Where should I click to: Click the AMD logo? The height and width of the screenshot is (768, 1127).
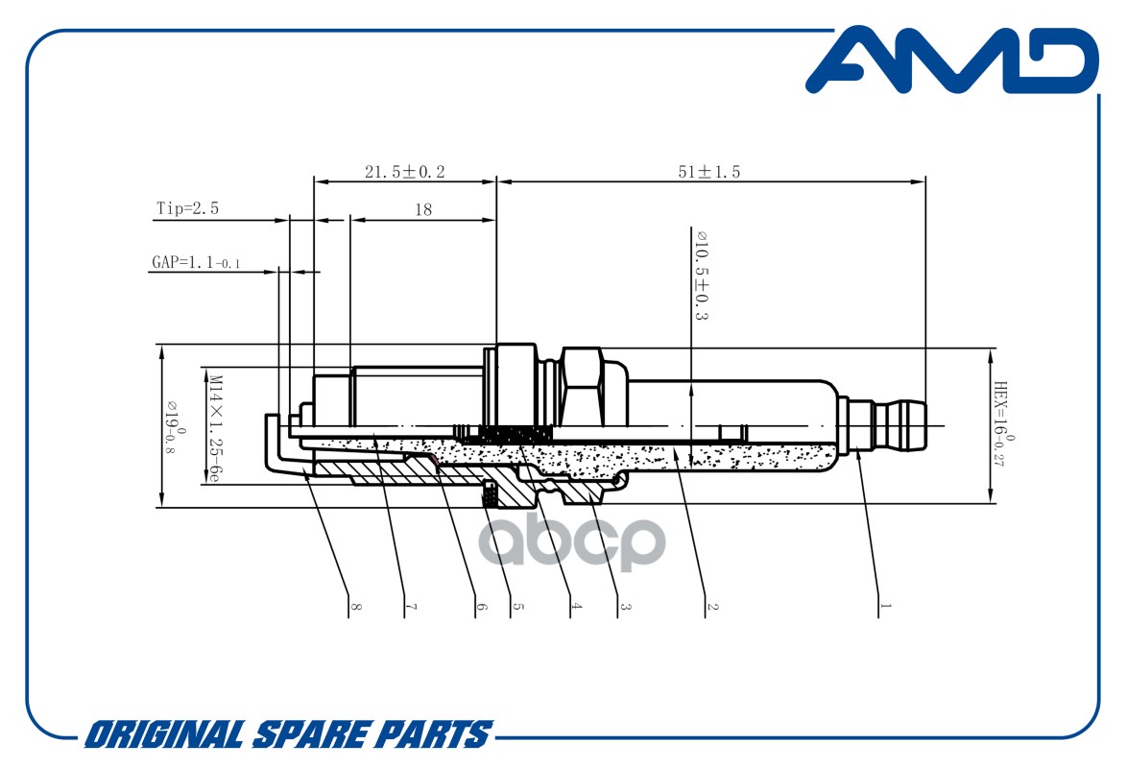(x=951, y=60)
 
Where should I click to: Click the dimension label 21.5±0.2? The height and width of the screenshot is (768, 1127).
(x=405, y=172)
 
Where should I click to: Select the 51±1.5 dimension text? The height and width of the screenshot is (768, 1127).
(x=708, y=172)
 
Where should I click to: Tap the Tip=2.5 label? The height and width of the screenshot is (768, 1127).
(x=187, y=208)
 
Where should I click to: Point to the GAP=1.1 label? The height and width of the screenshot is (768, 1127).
(x=196, y=262)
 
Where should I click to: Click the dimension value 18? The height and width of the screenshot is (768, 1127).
(x=423, y=209)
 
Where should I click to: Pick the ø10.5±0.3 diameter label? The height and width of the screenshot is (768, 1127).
(x=702, y=276)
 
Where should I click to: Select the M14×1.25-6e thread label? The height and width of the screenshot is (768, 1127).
(x=214, y=427)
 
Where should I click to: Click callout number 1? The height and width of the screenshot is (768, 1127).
(x=885, y=606)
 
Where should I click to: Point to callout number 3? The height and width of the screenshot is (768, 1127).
(x=625, y=606)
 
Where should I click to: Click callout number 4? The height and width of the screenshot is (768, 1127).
(x=576, y=606)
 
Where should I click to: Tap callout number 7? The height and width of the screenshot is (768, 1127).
(x=411, y=606)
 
